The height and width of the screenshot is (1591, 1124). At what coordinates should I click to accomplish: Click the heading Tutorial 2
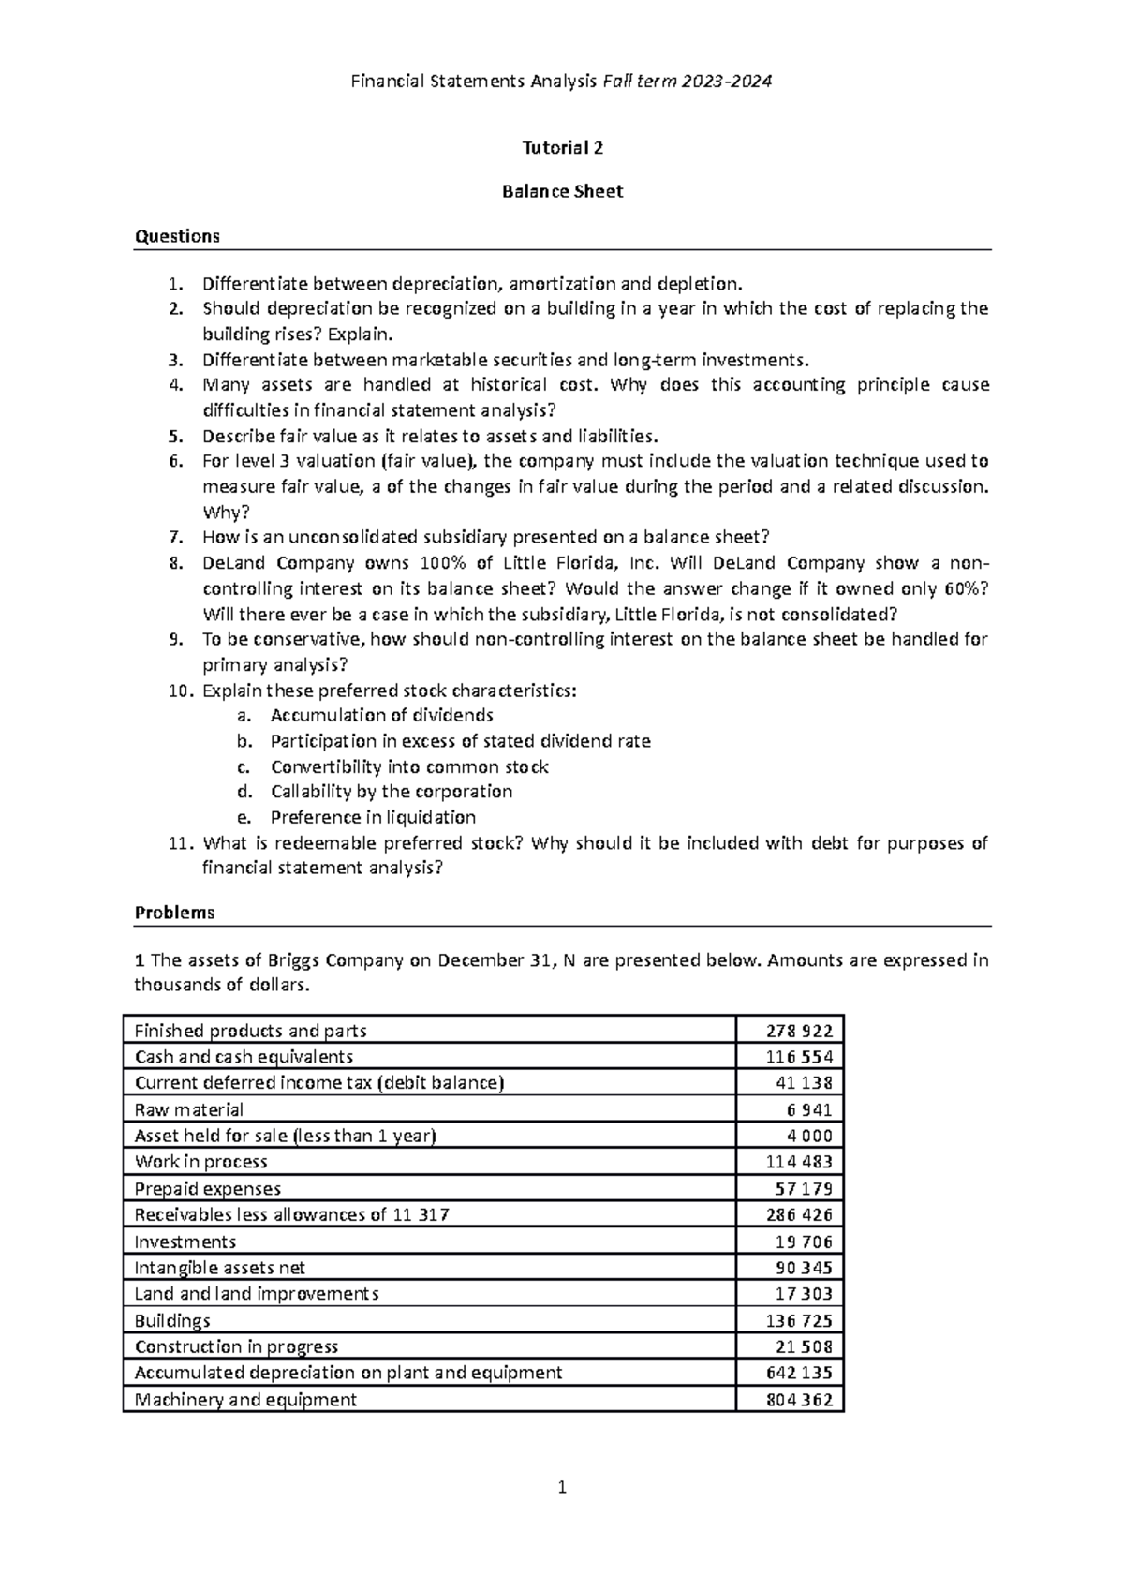pyautogui.click(x=562, y=147)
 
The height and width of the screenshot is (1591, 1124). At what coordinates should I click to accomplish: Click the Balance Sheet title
pyautogui.click(x=562, y=191)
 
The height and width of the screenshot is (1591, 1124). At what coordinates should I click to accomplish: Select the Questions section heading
pyautogui.click(x=177, y=236)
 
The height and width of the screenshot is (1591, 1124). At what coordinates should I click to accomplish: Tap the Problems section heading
pyautogui.click(x=174, y=913)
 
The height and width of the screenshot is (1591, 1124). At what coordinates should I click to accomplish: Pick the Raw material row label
pyautogui.click(x=189, y=1109)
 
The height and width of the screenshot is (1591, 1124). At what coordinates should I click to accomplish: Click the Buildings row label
pyautogui.click(x=172, y=1320)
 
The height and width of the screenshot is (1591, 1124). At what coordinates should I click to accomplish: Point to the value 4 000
pyautogui.click(x=809, y=1136)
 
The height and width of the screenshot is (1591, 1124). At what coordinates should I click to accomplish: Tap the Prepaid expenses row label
pyautogui.click(x=208, y=1188)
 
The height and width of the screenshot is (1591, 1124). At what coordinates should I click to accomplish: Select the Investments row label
pyautogui.click(x=185, y=1242)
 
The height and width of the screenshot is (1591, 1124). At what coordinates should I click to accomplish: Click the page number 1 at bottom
pyautogui.click(x=562, y=1487)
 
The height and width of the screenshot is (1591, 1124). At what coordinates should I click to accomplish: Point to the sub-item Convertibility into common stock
pyautogui.click(x=409, y=766)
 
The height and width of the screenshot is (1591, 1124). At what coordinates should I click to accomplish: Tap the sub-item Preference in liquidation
pyautogui.click(x=373, y=817)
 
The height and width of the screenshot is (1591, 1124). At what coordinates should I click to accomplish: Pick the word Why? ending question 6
pyautogui.click(x=221, y=512)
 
